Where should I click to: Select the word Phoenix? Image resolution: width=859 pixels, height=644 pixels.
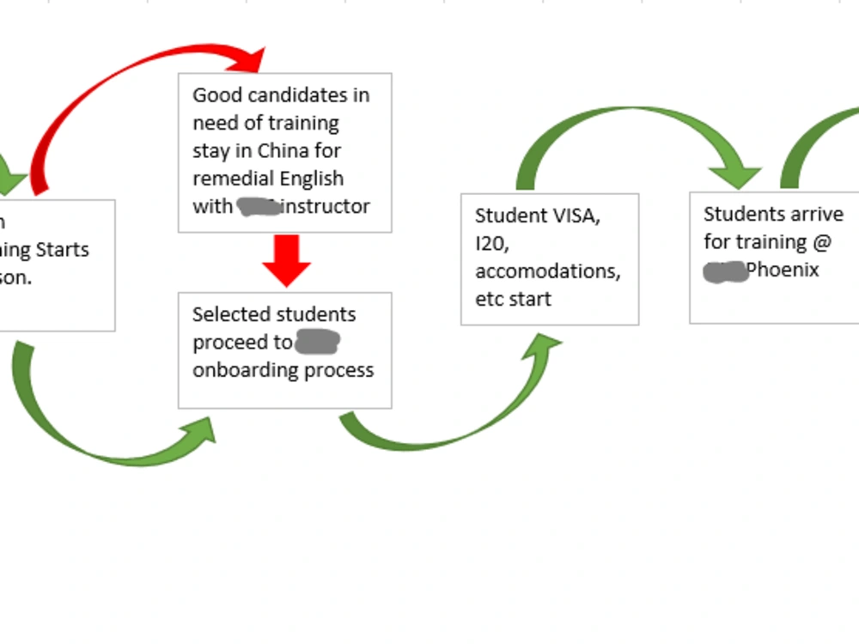point(782,270)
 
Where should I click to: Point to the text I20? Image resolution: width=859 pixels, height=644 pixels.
point(492,243)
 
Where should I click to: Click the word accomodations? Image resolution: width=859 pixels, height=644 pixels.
point(547,271)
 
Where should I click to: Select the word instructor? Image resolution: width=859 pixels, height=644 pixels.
point(327,206)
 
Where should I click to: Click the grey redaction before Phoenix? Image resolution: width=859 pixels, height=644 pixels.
point(724,271)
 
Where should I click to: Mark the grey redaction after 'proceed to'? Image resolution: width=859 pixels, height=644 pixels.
point(317,343)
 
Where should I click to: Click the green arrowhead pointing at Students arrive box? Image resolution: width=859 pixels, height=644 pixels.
point(737,176)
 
